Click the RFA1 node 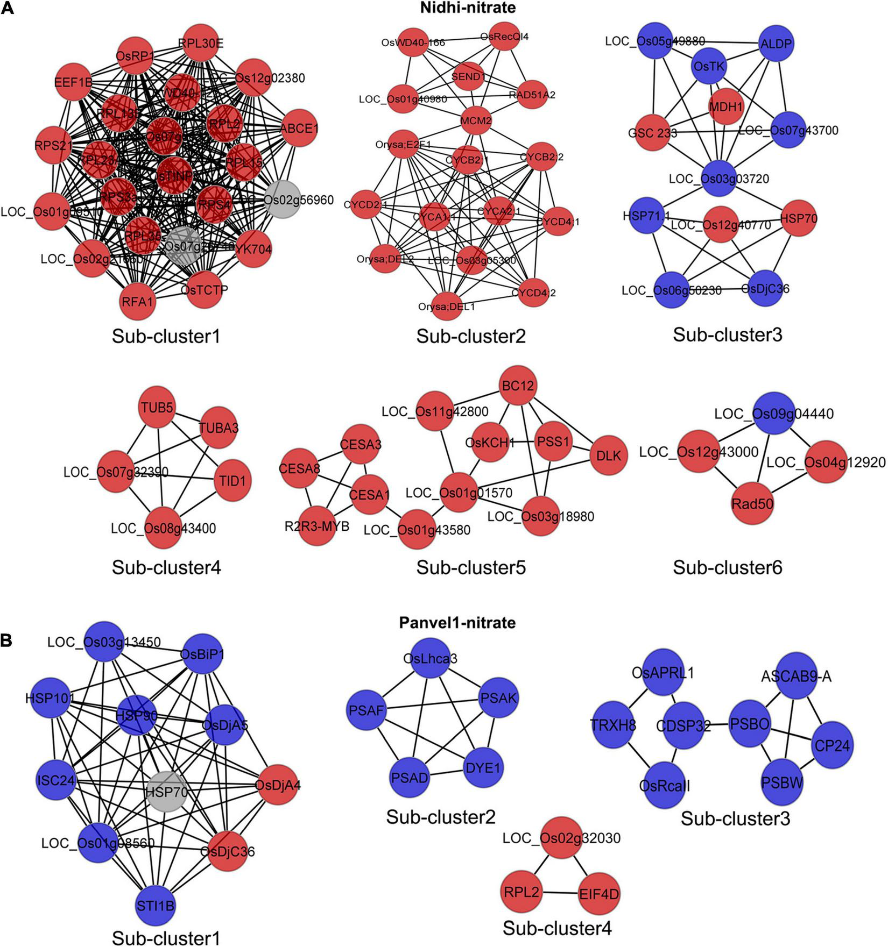(137, 302)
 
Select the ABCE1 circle (299, 129)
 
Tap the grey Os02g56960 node (281, 200)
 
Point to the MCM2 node (476, 121)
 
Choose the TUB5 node (158, 408)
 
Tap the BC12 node (518, 386)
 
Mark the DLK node (608, 455)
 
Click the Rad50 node (752, 503)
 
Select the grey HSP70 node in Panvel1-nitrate (167, 792)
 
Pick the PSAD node (410, 778)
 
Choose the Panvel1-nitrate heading (457, 622)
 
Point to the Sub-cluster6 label (727, 567)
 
